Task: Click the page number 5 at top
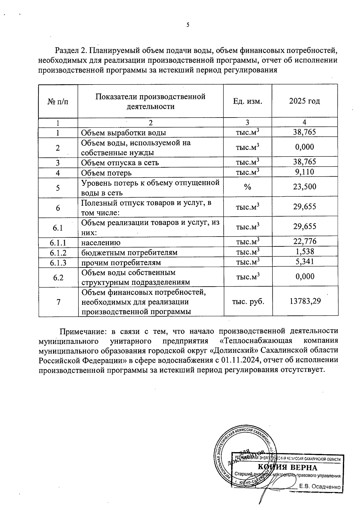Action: pos(188,25)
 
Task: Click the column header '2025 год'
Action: pos(304,101)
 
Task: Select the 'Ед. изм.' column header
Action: pos(247,101)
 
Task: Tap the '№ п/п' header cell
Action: pos(58,101)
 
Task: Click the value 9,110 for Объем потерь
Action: pos(304,172)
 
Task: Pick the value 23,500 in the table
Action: pos(304,187)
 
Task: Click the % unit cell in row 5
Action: pos(247,187)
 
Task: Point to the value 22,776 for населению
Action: pos(304,241)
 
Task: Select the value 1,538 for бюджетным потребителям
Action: pos(304,251)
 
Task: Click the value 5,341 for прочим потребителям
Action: pos(304,261)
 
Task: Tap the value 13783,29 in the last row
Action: pos(305,301)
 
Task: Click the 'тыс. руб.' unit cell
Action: pos(248,301)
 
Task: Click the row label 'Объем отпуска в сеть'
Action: pos(120,163)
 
